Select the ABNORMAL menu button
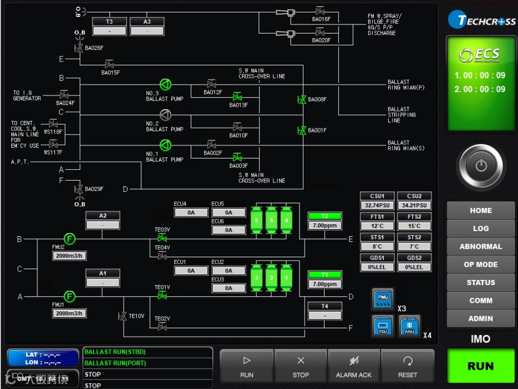point(481,246)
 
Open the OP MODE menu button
point(481,265)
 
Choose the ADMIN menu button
point(481,319)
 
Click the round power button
point(481,166)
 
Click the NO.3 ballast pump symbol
point(165,85)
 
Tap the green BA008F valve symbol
point(302,100)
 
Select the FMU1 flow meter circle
point(69,296)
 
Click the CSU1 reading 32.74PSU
point(377,206)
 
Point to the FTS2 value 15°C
point(414,226)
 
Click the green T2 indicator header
point(325,216)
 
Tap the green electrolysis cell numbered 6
point(256,220)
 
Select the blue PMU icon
point(382,298)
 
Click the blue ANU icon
point(410,326)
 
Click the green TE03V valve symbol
point(162,239)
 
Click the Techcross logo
point(482,20)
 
